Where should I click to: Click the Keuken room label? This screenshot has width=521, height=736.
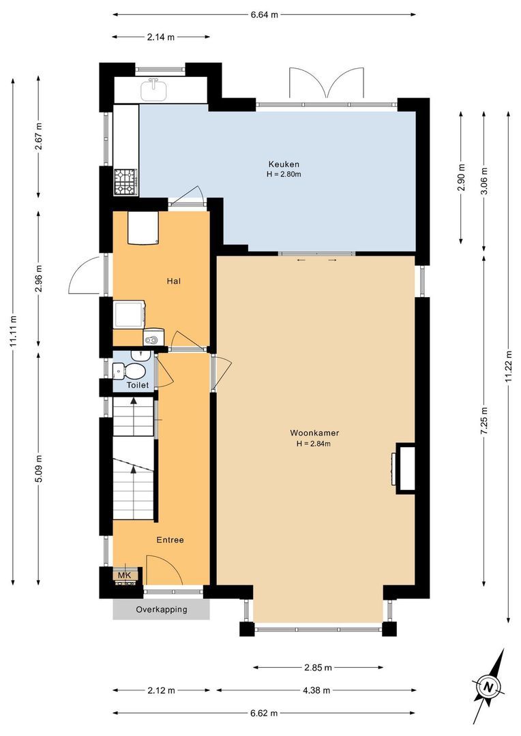pos(284,164)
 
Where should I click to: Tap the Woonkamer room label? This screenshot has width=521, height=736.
pos(314,433)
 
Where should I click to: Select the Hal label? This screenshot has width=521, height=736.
pos(174,281)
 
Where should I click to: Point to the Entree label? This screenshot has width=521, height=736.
pos(170,540)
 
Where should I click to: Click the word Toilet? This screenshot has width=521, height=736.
pos(138,385)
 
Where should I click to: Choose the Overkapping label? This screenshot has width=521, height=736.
pos(162,609)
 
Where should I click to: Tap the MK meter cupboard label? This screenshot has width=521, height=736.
pos(125,575)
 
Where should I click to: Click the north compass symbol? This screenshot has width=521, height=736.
pos(488,687)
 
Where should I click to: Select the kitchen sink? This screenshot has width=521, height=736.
pos(154,90)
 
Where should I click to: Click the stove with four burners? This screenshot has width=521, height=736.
pos(125,182)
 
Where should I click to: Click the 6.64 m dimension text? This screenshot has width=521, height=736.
pos(264,14)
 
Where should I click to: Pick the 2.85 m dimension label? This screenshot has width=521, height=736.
pos(318,667)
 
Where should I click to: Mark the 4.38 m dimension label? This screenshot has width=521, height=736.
pos(316,690)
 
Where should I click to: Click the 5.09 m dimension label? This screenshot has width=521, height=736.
pos(39,468)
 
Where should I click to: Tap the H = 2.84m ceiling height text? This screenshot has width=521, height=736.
pos(314,444)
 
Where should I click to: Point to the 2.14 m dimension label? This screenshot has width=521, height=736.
pos(161,37)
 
